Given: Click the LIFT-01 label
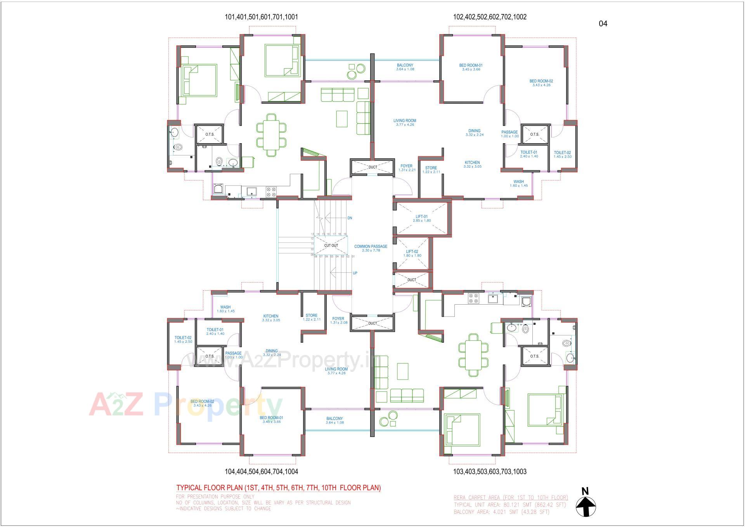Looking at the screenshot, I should pyautogui.click(x=421, y=217).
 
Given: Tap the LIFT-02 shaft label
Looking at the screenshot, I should pyautogui.click(x=412, y=251).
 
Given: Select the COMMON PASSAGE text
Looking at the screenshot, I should pyautogui.click(x=371, y=246).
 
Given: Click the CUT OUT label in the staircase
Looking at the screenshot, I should pyautogui.click(x=331, y=246).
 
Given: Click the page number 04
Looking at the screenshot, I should pyautogui.click(x=603, y=24).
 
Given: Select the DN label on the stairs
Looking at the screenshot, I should pyautogui.click(x=350, y=218).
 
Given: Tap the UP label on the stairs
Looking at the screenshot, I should pyautogui.click(x=355, y=273).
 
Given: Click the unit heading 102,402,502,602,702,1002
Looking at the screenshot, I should pyautogui.click(x=490, y=17).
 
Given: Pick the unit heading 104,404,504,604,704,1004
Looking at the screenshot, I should pyautogui.click(x=262, y=472).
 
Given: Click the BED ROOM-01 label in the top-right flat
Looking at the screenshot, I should pyautogui.click(x=471, y=66).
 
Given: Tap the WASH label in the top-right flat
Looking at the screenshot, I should pyautogui.click(x=518, y=182).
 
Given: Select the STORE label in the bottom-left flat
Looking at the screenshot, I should pyautogui.click(x=311, y=316).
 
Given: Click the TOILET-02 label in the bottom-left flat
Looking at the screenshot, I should pyautogui.click(x=183, y=338).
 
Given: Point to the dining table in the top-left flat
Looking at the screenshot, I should pyautogui.click(x=271, y=134).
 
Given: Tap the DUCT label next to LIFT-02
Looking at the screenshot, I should pyautogui.click(x=412, y=280).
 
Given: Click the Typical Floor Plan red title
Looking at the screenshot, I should pyautogui.click(x=278, y=488).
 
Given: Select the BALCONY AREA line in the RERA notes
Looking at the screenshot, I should pyautogui.click(x=501, y=512).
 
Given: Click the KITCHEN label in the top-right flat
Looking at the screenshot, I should pyautogui.click(x=472, y=163).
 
